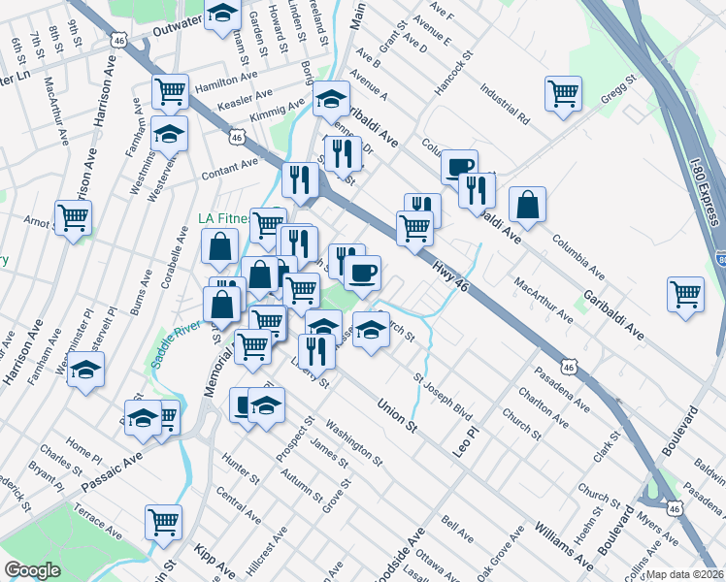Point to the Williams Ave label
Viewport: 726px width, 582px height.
tap(563, 544)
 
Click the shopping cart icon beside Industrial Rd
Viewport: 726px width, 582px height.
tap(562, 94)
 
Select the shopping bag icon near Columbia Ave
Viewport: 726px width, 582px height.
tap(527, 204)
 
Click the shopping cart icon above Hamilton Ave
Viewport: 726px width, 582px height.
tap(170, 91)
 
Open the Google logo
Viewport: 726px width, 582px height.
tap(33, 570)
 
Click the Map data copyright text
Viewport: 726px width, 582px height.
tap(685, 574)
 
